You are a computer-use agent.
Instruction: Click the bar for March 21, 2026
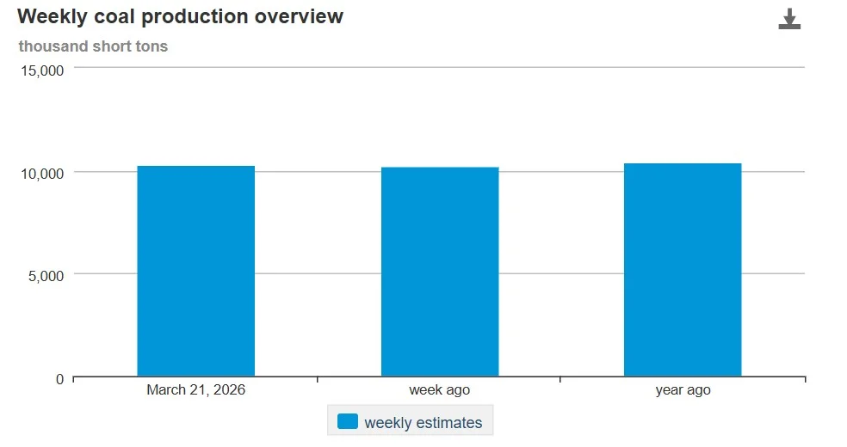[195, 271]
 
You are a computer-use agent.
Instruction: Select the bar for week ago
[440, 272]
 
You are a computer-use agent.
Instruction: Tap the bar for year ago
[683, 270]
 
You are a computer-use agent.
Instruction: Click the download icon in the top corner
[789, 20]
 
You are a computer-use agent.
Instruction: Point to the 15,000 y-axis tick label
[41, 70]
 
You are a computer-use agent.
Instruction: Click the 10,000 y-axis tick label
[41, 174]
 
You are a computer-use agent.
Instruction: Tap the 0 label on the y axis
[59, 379]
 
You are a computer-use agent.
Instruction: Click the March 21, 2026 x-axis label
[195, 390]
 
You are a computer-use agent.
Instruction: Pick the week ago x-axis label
[440, 390]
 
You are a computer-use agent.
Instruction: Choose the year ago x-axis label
[683, 390]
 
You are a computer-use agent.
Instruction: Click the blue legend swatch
[348, 422]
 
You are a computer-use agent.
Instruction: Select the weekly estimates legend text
[423, 423]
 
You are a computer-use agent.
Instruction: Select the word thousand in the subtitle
[50, 46]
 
